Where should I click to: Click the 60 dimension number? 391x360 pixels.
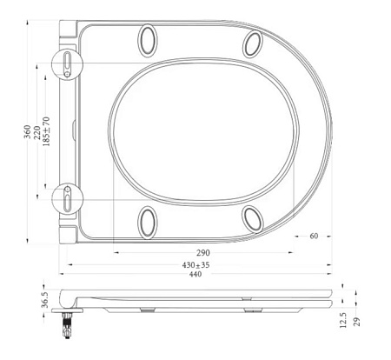point(313,236)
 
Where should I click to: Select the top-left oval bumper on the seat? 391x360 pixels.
point(148,40)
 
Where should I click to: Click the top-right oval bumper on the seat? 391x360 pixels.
point(253,43)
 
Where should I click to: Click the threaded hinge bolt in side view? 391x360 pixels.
point(66,325)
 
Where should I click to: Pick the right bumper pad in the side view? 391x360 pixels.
point(253,310)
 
